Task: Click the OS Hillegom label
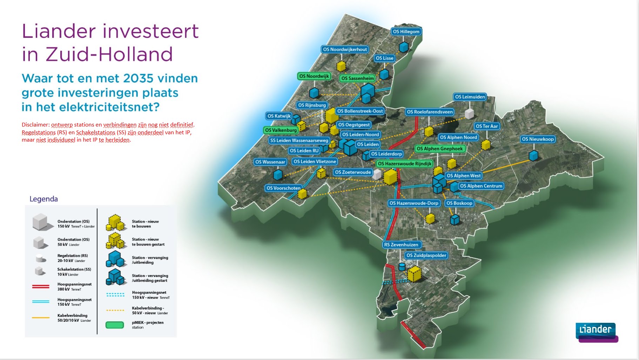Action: (x=406, y=32)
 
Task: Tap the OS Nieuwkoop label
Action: (x=538, y=139)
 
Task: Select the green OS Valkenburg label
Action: (x=281, y=130)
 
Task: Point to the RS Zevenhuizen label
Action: (x=401, y=245)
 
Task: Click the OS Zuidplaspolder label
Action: (x=426, y=255)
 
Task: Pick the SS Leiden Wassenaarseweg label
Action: (x=299, y=141)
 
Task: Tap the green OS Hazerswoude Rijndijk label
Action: (x=404, y=164)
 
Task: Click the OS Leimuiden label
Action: (x=470, y=97)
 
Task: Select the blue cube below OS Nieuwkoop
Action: (x=533, y=155)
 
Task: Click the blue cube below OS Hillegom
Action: (x=404, y=47)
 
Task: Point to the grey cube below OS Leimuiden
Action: (x=469, y=114)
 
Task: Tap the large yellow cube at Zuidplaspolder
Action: (x=414, y=274)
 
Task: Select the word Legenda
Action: (x=43, y=199)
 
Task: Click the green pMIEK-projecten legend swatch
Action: (x=115, y=325)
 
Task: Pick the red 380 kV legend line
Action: (x=41, y=286)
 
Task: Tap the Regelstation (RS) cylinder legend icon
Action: (x=41, y=259)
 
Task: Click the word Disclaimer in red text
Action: (x=35, y=125)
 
